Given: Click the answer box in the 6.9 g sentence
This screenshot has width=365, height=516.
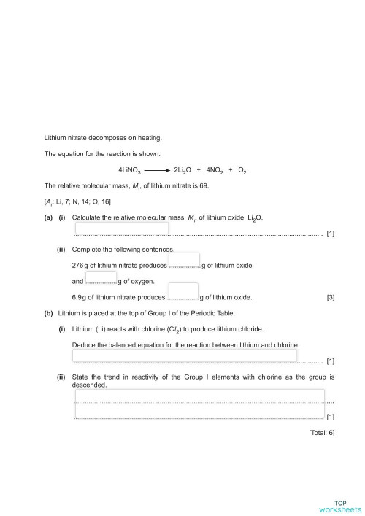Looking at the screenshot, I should coord(188,291).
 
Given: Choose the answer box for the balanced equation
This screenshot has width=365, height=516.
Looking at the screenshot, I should coord(185,355).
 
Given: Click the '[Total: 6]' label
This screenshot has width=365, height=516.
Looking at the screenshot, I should coord(321,433).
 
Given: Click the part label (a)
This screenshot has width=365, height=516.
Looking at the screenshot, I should coord(48,218).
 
